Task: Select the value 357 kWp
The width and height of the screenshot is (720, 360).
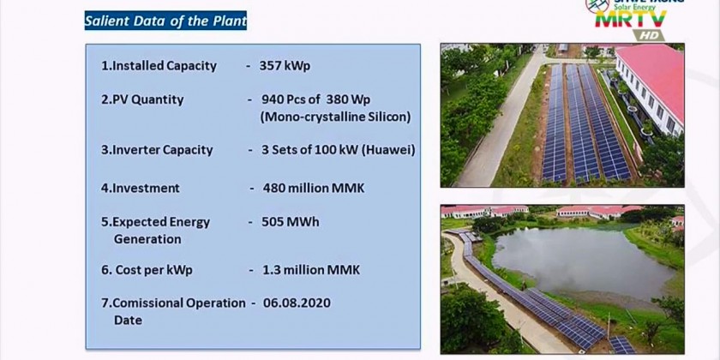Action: pos(289,65)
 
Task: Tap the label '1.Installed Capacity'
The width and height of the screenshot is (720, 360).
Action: pos(159,65)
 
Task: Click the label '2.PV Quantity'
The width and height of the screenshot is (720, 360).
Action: pos(142,99)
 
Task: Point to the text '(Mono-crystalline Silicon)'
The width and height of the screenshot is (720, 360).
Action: pos(335,117)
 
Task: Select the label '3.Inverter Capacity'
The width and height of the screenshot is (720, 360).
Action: pos(157,149)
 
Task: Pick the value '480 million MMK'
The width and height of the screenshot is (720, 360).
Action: pos(313,188)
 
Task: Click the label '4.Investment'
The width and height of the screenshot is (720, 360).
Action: pos(141,188)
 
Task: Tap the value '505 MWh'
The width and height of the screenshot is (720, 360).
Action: pos(290,221)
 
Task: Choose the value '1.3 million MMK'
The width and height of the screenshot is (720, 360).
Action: pos(310,270)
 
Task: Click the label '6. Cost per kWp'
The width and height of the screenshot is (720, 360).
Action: pos(147,270)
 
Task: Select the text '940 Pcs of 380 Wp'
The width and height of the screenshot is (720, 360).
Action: pos(316,99)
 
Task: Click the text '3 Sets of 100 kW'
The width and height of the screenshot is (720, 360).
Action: pos(309,149)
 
